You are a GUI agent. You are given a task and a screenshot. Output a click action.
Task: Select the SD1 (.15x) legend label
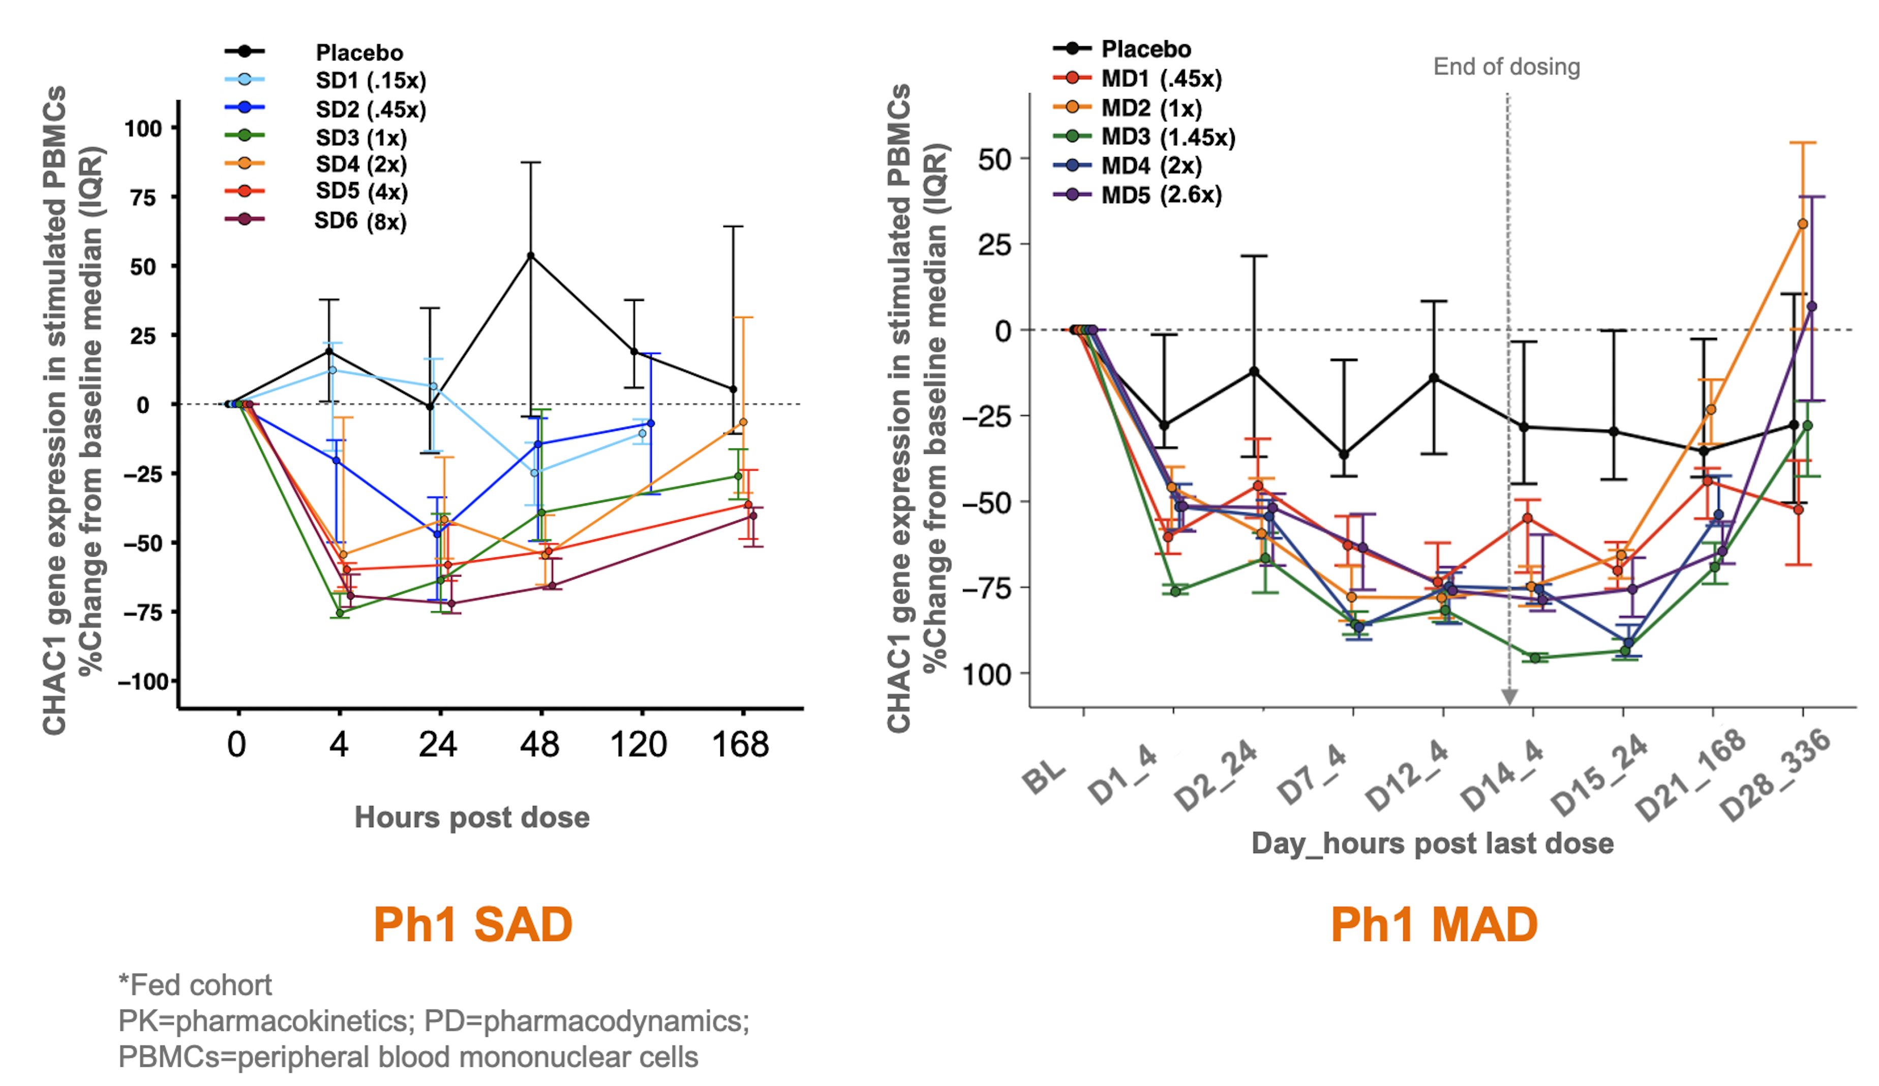pyautogui.click(x=371, y=80)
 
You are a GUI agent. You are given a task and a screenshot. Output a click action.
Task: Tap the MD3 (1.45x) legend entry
pyautogui.click(x=1168, y=137)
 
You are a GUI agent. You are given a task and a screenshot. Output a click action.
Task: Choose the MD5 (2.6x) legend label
pyautogui.click(x=1161, y=195)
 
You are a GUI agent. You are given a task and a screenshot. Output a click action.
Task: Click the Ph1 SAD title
pyautogui.click(x=473, y=925)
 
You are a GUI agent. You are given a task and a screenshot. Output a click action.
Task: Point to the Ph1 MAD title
pyautogui.click(x=1434, y=925)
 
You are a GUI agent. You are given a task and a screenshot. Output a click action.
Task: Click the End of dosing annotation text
pyautogui.click(x=1506, y=67)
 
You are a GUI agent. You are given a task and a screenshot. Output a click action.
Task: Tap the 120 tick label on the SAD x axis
pyautogui.click(x=638, y=744)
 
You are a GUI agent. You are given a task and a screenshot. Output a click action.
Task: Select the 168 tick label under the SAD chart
pyautogui.click(x=740, y=744)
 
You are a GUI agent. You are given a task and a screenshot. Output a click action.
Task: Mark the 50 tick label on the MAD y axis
pyautogui.click(x=995, y=159)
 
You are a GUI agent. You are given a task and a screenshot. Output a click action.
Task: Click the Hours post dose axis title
pyautogui.click(x=472, y=818)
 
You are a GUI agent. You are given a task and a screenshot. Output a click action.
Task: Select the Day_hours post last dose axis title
pyautogui.click(x=1432, y=843)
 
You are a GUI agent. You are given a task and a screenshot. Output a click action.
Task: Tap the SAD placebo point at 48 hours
pyautogui.click(x=531, y=256)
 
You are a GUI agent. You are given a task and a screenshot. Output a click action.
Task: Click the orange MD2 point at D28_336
pyautogui.click(x=1803, y=224)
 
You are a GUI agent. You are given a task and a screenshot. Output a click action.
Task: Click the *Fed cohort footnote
pyautogui.click(x=195, y=985)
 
